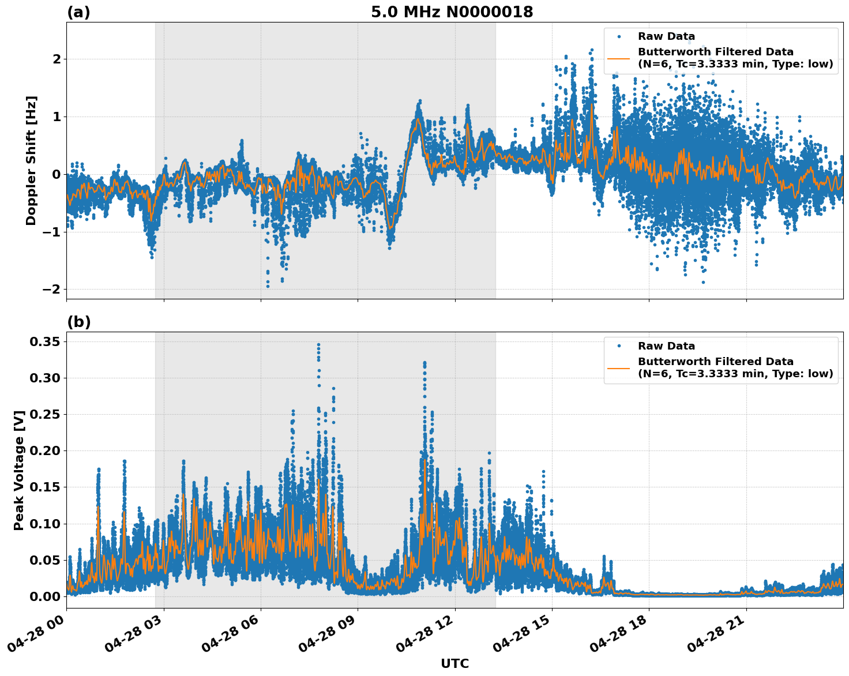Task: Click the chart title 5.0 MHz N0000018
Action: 452,12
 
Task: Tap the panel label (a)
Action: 78,12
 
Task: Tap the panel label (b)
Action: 78,322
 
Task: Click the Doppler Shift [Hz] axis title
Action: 31,160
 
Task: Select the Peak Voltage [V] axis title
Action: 19,470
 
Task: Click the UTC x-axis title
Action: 454,663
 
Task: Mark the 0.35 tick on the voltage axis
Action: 45,342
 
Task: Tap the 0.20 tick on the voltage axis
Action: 45,451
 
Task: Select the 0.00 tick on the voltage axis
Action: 45,596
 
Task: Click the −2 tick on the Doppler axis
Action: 52,290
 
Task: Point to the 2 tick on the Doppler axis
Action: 57,59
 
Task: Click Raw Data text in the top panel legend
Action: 666,37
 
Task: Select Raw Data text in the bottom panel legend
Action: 666,346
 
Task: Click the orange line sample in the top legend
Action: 618,58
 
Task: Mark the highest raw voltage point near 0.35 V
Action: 318,344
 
